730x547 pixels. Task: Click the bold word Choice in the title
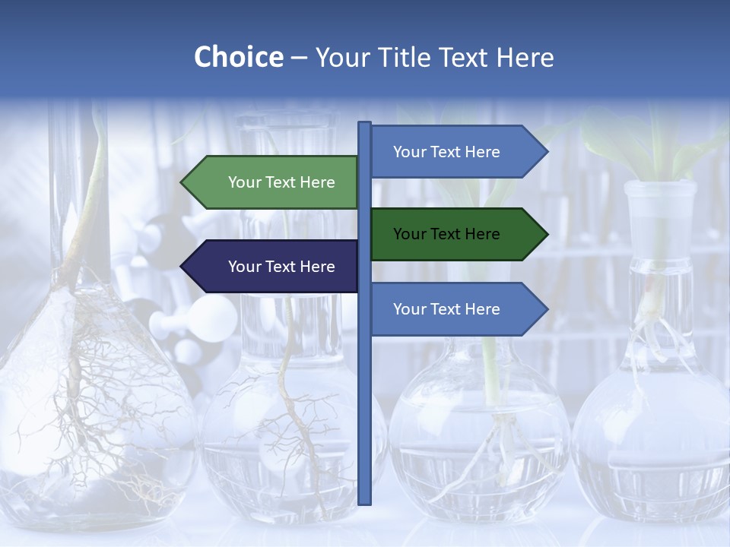[x=238, y=57]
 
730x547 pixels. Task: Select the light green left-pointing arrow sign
[x=274, y=182]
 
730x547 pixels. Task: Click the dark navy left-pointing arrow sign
[x=274, y=267]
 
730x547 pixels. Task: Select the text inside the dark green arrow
[x=446, y=234]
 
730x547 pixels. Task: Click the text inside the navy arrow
[x=281, y=267]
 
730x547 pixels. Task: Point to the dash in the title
[x=300, y=58]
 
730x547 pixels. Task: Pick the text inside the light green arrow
[x=281, y=182]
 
